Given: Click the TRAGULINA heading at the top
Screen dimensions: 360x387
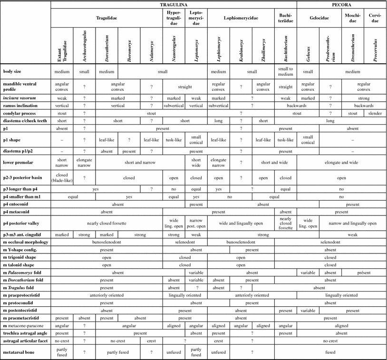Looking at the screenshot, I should pos(174,4).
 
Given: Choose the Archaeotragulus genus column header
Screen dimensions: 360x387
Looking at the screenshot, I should pos(84,45).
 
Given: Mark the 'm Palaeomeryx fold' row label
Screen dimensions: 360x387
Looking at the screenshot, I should pos(25,273).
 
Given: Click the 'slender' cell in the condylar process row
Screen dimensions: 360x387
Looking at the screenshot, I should pos(375,113).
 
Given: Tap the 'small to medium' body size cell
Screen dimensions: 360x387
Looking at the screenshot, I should pos(286,72).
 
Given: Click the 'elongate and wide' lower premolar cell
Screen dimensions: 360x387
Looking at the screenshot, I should pos(341,162).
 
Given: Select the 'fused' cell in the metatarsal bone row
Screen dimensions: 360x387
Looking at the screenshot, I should pos(341,352).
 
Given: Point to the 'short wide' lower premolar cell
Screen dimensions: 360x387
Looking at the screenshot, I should pos(196,162).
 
